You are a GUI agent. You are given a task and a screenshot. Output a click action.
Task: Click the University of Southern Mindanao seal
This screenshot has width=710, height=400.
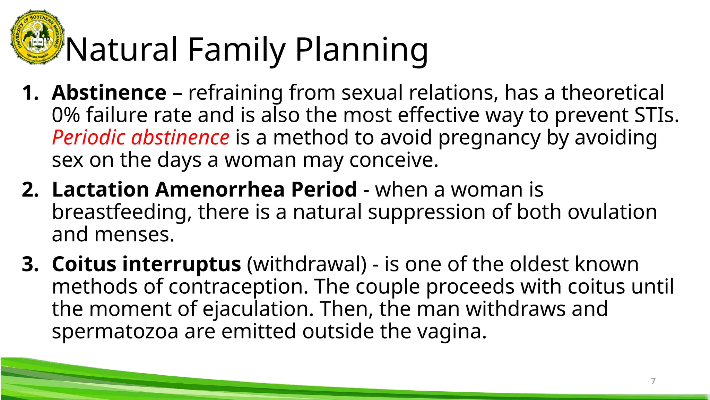(x=38, y=37)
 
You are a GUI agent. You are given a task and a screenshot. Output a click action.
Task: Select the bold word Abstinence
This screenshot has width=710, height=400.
(x=109, y=93)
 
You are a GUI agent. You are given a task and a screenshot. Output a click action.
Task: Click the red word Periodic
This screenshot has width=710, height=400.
(x=89, y=137)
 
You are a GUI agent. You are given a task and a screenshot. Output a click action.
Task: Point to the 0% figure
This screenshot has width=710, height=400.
(x=66, y=115)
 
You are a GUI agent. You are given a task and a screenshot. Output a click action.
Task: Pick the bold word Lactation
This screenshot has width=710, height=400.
(x=101, y=190)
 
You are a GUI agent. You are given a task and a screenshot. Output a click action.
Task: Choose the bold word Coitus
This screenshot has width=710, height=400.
(x=84, y=264)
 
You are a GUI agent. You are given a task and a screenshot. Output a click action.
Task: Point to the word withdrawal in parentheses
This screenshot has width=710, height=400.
(x=307, y=264)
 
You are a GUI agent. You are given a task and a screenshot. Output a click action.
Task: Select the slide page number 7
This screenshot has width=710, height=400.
(x=653, y=381)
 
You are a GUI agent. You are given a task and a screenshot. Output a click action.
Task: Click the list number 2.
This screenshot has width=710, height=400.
(x=30, y=190)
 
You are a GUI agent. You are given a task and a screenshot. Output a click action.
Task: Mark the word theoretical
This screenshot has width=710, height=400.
(x=613, y=93)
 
